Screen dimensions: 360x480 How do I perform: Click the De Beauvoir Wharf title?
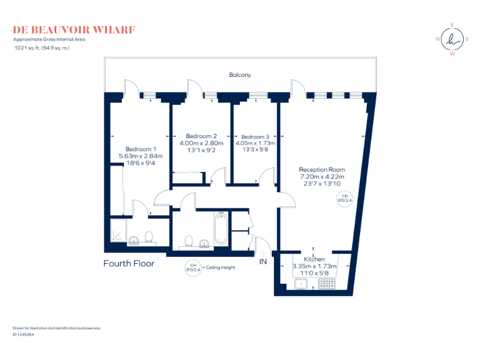click(74, 29)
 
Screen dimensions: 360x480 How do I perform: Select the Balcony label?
click(240, 75)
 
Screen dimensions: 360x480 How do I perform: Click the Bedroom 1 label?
click(141, 149)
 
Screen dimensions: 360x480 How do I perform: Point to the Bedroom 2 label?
click(201, 136)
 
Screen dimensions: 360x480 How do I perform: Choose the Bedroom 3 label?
click(256, 136)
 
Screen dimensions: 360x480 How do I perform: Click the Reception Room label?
click(321, 169)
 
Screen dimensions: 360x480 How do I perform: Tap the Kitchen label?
click(314, 259)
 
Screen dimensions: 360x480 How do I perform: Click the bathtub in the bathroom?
click(220, 229)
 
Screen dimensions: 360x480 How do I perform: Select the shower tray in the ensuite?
click(119, 231)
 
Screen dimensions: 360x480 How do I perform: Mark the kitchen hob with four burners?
click(327, 284)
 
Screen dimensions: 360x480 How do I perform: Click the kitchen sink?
click(301, 284)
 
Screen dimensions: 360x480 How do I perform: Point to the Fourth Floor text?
click(129, 264)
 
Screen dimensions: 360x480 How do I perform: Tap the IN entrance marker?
click(262, 262)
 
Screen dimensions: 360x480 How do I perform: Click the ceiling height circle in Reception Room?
click(343, 199)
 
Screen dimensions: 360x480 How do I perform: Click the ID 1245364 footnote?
click(23, 335)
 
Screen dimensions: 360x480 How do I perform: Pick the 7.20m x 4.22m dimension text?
click(321, 177)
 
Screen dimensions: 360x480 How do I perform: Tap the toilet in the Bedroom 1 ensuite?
click(149, 237)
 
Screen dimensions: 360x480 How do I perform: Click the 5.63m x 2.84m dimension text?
click(141, 156)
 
